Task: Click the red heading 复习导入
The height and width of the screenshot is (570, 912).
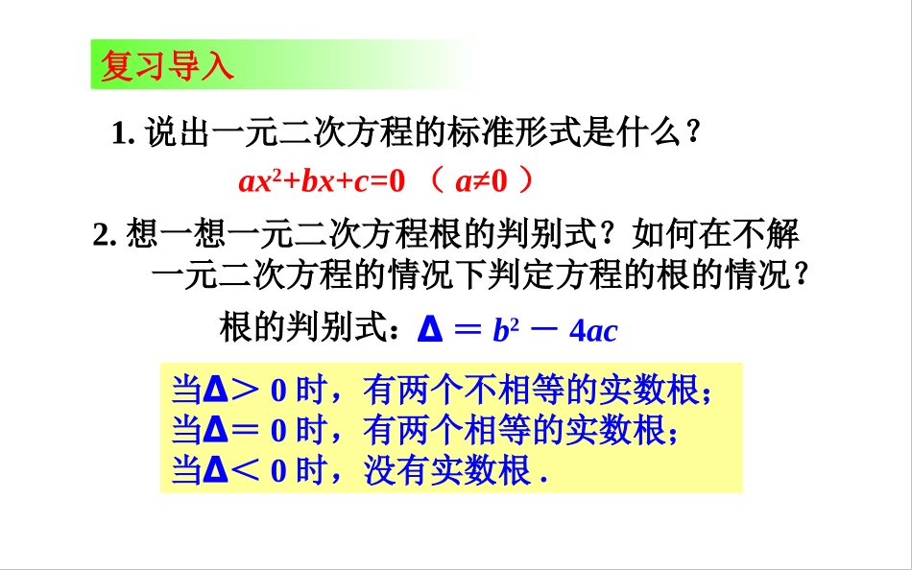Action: tap(166, 66)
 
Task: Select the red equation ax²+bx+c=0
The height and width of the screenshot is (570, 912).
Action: tap(323, 180)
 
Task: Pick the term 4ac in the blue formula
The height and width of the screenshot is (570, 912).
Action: tap(592, 331)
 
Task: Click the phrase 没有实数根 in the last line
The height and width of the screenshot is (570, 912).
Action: tap(447, 471)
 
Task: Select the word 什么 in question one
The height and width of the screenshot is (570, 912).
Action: tap(651, 133)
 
